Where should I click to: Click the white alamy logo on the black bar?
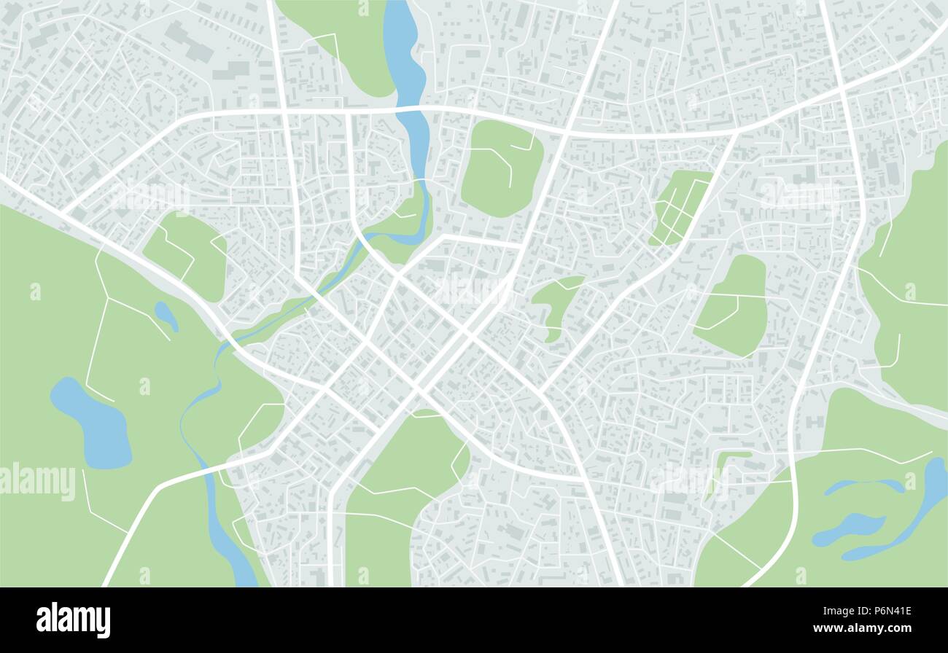[x=73, y=620]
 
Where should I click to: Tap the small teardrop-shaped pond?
[x=166, y=315]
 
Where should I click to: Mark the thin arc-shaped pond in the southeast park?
[x=864, y=485]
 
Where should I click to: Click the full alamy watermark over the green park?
[x=38, y=482]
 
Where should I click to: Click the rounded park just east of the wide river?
[x=502, y=168]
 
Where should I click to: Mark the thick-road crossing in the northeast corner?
[x=840, y=87]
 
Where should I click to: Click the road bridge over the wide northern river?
[x=412, y=110]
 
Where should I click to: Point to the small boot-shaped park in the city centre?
[x=556, y=302]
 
